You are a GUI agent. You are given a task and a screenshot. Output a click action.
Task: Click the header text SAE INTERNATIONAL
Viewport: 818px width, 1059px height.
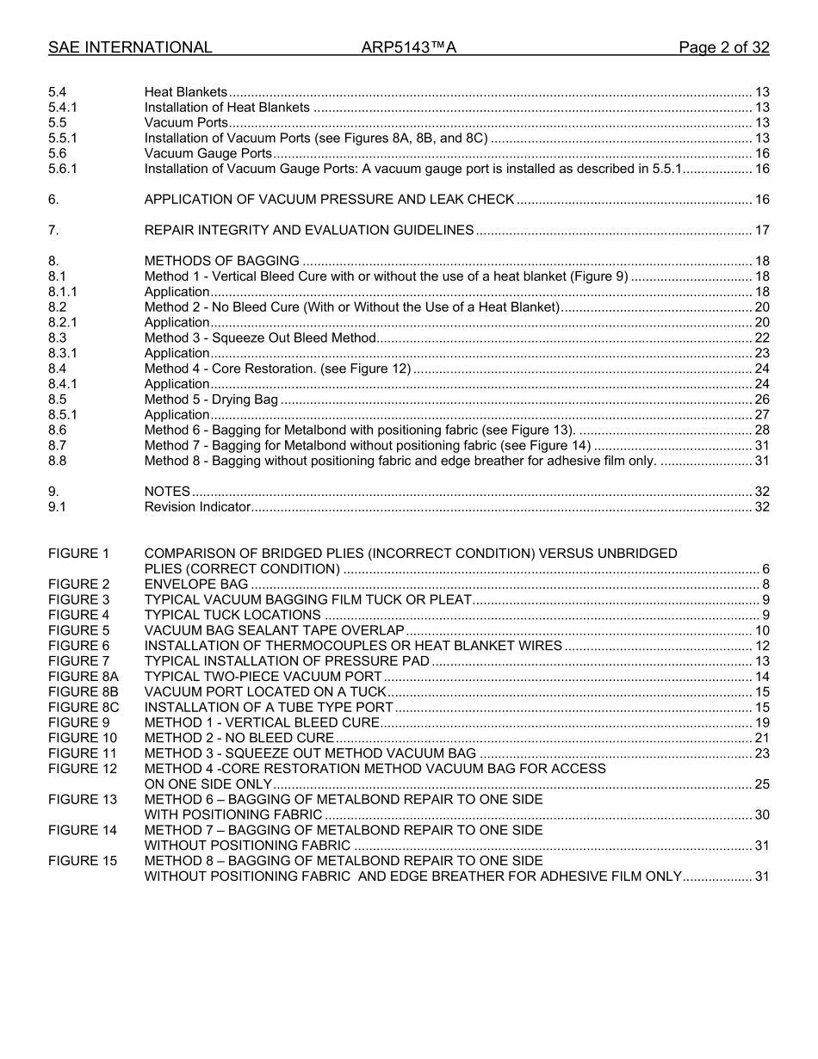tap(130, 48)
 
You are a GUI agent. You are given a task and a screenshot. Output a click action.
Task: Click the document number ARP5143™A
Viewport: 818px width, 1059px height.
tap(408, 48)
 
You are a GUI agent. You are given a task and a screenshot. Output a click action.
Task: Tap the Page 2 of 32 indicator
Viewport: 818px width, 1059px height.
tap(723, 48)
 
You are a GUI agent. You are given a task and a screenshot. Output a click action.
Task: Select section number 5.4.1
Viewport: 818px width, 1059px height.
tap(63, 108)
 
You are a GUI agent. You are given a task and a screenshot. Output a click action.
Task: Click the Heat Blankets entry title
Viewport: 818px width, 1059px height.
tap(186, 92)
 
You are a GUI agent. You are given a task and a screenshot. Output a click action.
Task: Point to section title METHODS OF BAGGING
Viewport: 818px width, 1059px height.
tap(222, 261)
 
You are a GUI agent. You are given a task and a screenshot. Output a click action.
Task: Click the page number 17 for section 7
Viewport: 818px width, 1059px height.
tap(761, 230)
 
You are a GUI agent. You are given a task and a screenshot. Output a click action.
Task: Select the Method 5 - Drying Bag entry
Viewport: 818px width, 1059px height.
tap(211, 399)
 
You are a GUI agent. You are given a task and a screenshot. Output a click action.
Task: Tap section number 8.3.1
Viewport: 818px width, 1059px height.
tap(63, 353)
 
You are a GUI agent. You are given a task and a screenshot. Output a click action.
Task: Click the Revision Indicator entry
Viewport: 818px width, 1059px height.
tap(197, 506)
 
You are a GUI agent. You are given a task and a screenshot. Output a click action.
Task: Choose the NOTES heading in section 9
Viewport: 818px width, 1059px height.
tap(167, 492)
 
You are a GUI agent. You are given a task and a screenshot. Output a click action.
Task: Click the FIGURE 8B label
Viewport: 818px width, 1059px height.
tap(84, 691)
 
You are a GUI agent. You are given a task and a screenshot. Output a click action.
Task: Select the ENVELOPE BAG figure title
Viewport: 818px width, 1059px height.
tap(184, 585)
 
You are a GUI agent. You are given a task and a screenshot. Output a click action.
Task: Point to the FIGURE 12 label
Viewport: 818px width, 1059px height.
tap(83, 768)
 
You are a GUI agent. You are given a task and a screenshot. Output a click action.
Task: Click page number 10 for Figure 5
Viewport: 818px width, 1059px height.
tap(761, 630)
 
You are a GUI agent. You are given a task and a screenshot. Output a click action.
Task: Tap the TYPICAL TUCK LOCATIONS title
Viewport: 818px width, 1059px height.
tap(232, 615)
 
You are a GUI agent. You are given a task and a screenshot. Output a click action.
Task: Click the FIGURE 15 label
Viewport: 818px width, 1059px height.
tap(83, 861)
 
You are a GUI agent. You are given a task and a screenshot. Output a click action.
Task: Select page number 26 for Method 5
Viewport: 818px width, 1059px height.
tap(761, 399)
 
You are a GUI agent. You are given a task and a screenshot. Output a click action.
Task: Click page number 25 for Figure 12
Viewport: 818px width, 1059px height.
tap(761, 783)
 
